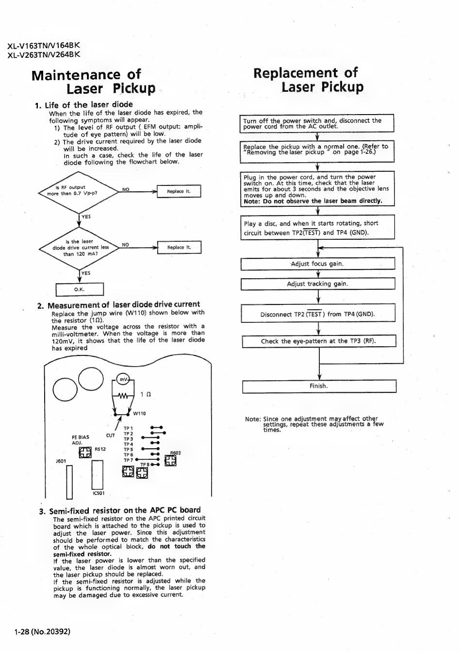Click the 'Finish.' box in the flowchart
pyautogui.click(x=319, y=386)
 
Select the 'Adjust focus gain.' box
pyautogui.click(x=317, y=264)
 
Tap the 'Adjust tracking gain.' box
pyautogui.click(x=317, y=284)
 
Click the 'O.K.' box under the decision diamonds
pyautogui.click(x=80, y=290)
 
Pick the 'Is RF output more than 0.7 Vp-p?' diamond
pyautogui.click(x=78, y=191)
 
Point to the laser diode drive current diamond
pyautogui.click(x=80, y=248)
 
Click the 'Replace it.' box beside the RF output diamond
pyautogui.click(x=179, y=191)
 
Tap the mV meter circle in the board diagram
pyautogui.click(x=124, y=380)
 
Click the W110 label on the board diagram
pyautogui.click(x=139, y=414)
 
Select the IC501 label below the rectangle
pyautogui.click(x=98, y=493)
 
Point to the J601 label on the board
pyautogui.click(x=61, y=461)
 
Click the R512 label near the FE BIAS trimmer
pyautogui.click(x=100, y=449)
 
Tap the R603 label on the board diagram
pyautogui.click(x=175, y=453)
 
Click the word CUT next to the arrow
pyautogui.click(x=111, y=435)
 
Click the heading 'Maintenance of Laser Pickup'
pyautogui.click(x=93, y=82)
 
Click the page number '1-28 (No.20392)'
pyautogui.click(x=42, y=632)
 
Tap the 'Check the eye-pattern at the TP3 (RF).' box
pyautogui.click(x=318, y=341)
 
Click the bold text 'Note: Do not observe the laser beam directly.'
pyautogui.click(x=313, y=201)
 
